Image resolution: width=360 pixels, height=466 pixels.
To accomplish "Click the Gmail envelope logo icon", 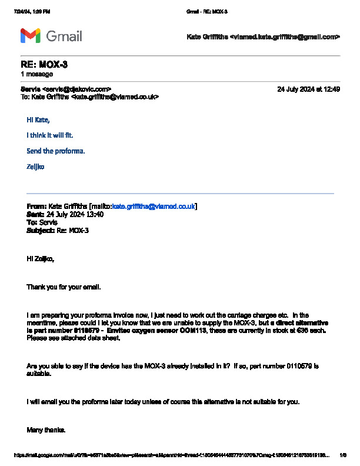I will pyautogui.click(x=30, y=36).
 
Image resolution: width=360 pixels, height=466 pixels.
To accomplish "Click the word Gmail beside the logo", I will pyautogui.click(x=64, y=36).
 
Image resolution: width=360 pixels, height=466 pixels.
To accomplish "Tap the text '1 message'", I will pyautogui.click(x=37, y=74).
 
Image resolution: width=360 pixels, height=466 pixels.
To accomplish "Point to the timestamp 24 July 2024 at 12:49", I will pyautogui.click(x=308, y=89).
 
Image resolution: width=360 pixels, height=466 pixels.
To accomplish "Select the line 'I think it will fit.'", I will pyautogui.click(x=50, y=135).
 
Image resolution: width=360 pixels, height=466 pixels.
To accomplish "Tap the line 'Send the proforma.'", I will pyautogui.click(x=56, y=151).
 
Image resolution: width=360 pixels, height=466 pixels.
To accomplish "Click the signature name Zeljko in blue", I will pyautogui.click(x=35, y=167).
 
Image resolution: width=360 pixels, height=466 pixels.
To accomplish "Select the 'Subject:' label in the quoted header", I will pyautogui.click(x=41, y=231).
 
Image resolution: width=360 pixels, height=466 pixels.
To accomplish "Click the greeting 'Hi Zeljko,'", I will pyautogui.click(x=40, y=258).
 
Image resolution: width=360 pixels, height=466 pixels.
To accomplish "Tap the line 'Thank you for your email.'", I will pyautogui.click(x=64, y=287).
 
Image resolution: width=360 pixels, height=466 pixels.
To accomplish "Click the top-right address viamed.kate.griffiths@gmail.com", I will pyautogui.click(x=285, y=36).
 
